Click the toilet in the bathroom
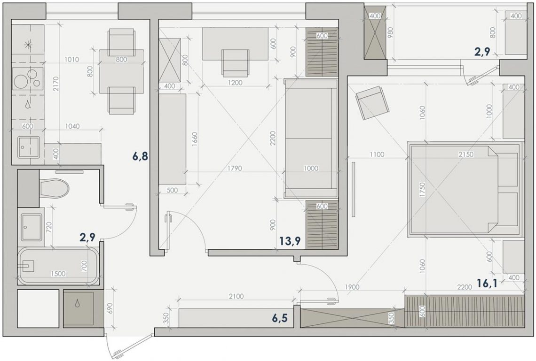(55, 188)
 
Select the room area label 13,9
(290, 241)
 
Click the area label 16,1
(487, 283)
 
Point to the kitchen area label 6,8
(140, 157)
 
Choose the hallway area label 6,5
(280, 318)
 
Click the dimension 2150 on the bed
(466, 154)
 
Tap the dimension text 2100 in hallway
(236, 296)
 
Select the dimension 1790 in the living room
(234, 168)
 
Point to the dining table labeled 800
(121, 71)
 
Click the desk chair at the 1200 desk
(235, 63)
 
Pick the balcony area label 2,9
(482, 52)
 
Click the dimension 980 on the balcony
(391, 32)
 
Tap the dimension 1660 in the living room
(195, 139)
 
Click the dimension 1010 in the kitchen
(71, 59)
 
